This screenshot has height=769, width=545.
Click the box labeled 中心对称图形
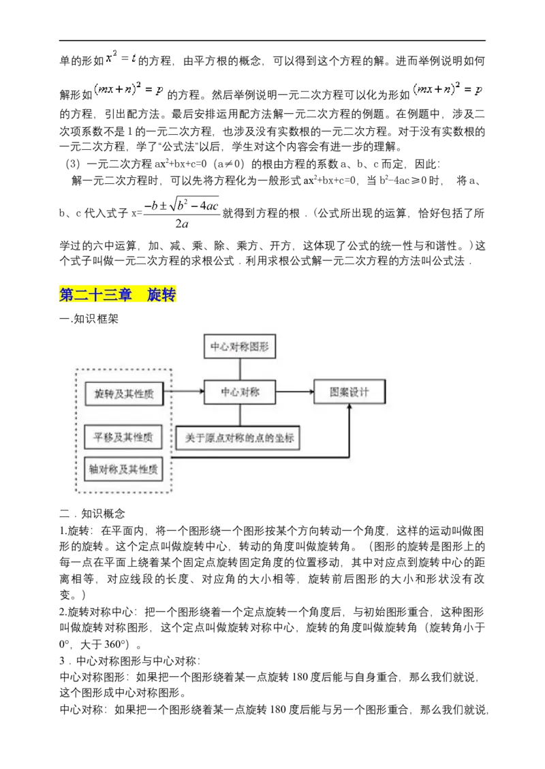click(240, 346)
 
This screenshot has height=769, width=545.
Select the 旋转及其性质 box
click(124, 393)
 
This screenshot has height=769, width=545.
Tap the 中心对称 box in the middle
click(240, 392)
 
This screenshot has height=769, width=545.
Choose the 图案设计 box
click(349, 392)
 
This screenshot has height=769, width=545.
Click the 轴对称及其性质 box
click(123, 469)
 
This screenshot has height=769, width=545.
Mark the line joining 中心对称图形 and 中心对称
click(240, 368)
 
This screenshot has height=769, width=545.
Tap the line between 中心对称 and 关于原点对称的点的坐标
click(240, 415)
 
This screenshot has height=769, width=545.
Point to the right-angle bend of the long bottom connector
click(349, 456)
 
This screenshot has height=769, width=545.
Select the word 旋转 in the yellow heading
click(161, 295)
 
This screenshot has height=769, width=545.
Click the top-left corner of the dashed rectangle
click(76, 370)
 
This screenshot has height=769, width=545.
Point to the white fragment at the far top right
click(450, 97)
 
